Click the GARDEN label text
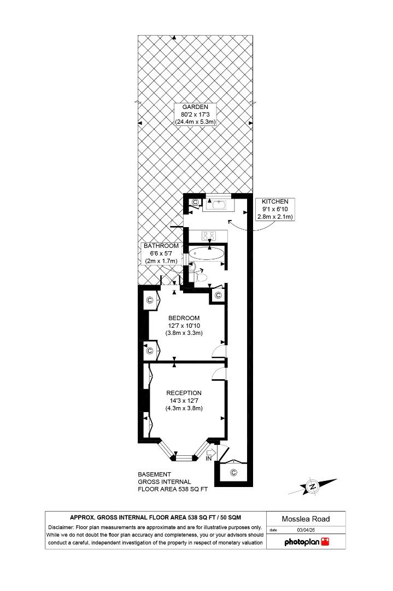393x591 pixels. coord(195,107)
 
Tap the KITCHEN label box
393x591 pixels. coord(275,209)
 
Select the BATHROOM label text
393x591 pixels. coord(161,246)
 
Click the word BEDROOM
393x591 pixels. coord(184,318)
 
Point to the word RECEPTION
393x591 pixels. coord(184,393)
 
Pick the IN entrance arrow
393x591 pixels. coord(210,453)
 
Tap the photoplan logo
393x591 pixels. coord(306,542)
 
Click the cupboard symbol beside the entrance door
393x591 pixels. coord(234,472)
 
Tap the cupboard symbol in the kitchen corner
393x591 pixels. coord(195,202)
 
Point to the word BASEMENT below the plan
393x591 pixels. coord(154,474)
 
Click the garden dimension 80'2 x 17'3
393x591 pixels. coord(195,114)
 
